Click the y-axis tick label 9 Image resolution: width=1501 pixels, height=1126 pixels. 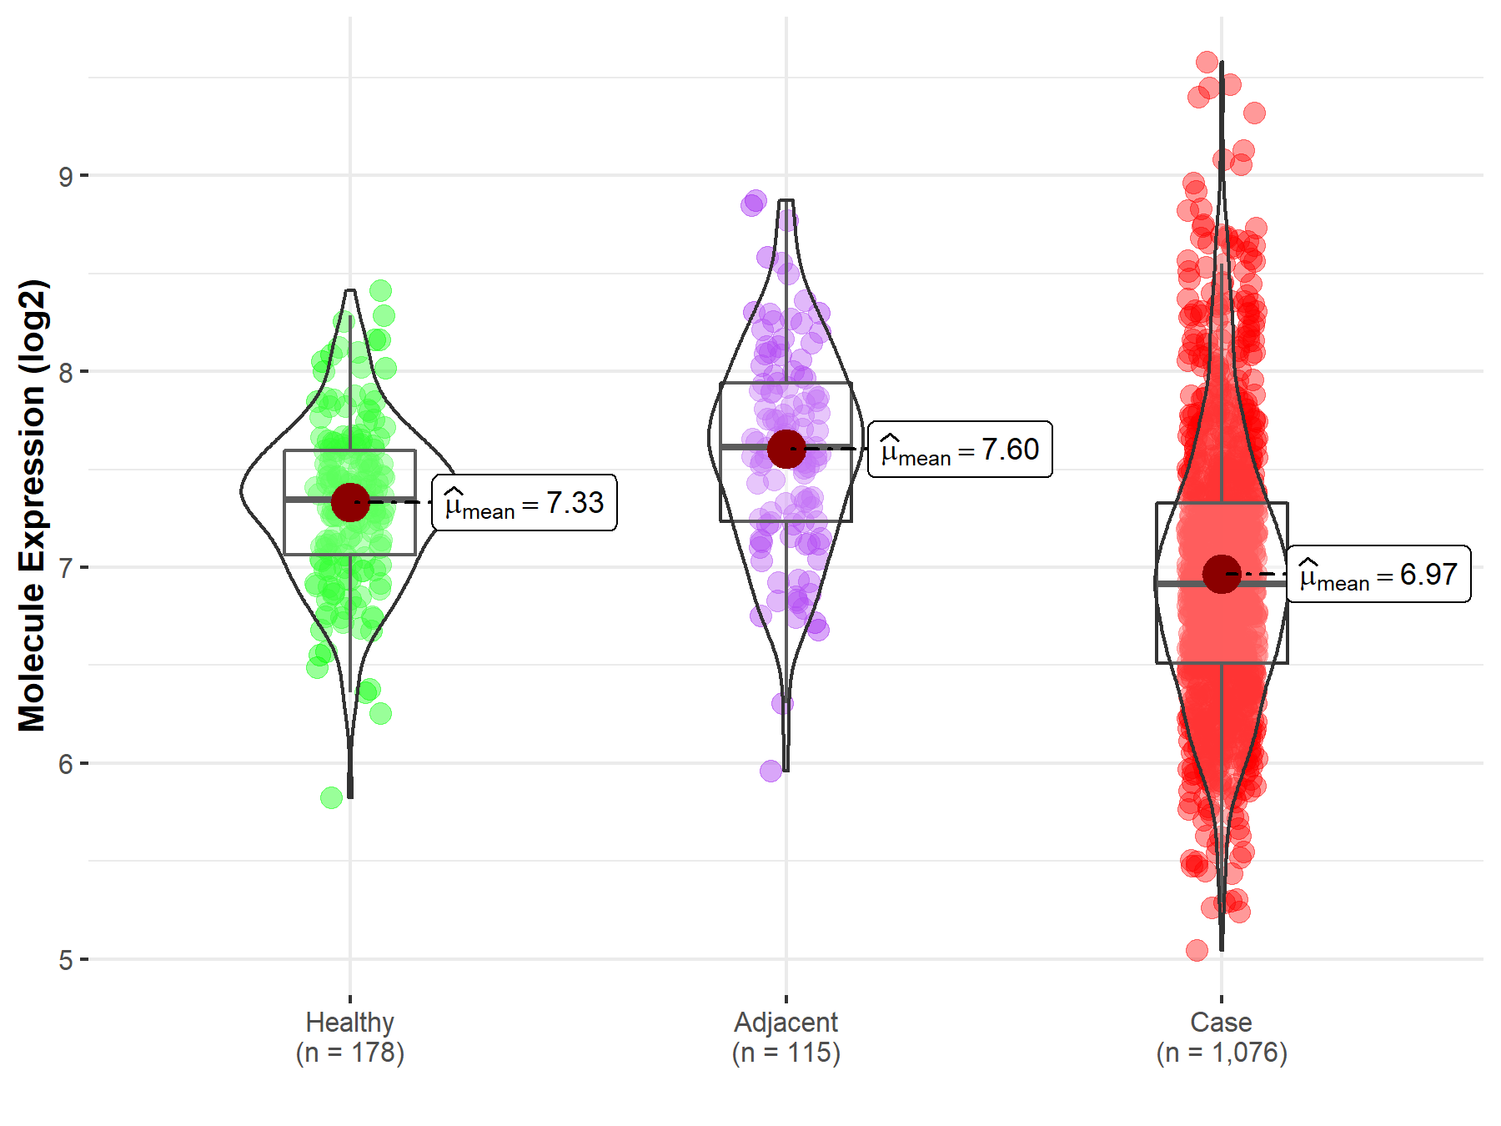(x=65, y=176)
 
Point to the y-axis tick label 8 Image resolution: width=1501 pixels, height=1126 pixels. (x=65, y=372)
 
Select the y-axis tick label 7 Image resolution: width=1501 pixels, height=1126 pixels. (x=65, y=568)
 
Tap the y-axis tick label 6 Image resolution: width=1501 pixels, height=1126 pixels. (x=65, y=764)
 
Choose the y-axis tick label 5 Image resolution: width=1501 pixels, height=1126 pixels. (x=65, y=960)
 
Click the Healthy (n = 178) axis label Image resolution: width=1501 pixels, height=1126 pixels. (x=349, y=1038)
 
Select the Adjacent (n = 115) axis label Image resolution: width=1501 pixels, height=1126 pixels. (x=786, y=1038)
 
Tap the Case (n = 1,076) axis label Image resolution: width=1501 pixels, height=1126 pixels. (x=1222, y=1038)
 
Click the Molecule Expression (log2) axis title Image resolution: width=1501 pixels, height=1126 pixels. (x=32, y=505)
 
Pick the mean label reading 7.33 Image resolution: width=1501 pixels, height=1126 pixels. (x=525, y=503)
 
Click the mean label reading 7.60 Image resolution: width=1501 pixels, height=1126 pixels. (x=960, y=450)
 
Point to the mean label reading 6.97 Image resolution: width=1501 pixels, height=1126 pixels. (x=1378, y=575)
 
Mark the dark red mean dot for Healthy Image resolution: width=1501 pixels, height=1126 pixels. (x=350, y=502)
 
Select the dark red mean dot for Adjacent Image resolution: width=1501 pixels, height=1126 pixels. (x=786, y=449)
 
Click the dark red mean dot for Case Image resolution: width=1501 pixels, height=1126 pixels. (x=1222, y=574)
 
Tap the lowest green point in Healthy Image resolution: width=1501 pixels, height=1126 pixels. (x=331, y=797)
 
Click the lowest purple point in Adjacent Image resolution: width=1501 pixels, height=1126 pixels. (x=771, y=771)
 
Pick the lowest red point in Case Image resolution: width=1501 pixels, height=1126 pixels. (x=1197, y=950)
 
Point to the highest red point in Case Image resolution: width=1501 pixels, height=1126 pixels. (x=1207, y=62)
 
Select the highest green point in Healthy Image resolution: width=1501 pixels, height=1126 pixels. (x=380, y=291)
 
